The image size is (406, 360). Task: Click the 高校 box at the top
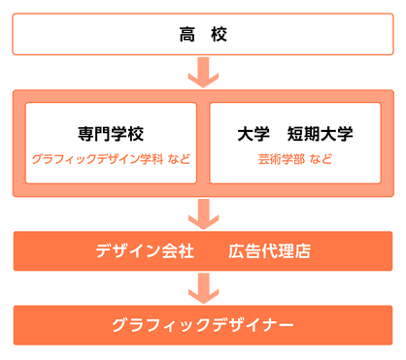(x=203, y=37)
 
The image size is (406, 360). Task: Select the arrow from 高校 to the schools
(x=203, y=72)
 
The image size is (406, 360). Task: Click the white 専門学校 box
(x=110, y=143)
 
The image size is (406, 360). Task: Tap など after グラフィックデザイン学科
(x=178, y=158)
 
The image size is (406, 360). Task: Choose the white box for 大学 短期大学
(x=297, y=143)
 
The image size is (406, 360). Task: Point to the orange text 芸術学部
(x=281, y=158)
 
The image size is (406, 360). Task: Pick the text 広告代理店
(x=269, y=251)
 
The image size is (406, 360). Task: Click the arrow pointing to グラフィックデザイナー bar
(x=203, y=285)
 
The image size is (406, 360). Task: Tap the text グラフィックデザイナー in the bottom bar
(x=203, y=324)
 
